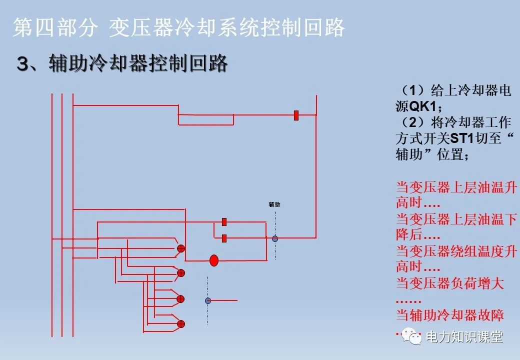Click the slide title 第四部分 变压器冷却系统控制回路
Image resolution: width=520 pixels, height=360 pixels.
[178, 28]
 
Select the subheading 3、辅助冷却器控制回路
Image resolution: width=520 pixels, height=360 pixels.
[122, 63]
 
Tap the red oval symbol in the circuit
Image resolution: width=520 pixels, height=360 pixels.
[214, 260]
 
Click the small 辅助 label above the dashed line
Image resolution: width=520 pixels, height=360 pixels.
[274, 204]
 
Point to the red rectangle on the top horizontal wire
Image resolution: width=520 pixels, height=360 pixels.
[296, 115]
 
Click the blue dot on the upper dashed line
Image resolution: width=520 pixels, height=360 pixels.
[275, 238]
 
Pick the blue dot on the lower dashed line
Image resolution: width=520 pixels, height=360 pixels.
[208, 300]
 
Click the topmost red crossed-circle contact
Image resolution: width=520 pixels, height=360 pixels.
[181, 248]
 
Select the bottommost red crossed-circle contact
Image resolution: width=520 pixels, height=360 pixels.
[181, 323]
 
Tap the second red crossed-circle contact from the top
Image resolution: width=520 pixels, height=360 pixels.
[181, 273]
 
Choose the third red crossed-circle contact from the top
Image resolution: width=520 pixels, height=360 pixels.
[181, 298]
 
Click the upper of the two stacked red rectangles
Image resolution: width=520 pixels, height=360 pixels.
[224, 221]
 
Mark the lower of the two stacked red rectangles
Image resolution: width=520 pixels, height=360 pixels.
[224, 238]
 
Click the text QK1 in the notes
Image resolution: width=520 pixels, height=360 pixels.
[423, 106]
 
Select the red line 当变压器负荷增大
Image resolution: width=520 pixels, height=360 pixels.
[449, 284]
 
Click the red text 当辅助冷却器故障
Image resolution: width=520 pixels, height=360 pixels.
[449, 315]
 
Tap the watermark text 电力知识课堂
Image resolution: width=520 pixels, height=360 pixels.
[463, 337]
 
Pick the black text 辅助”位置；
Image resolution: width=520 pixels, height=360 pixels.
[432, 154]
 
